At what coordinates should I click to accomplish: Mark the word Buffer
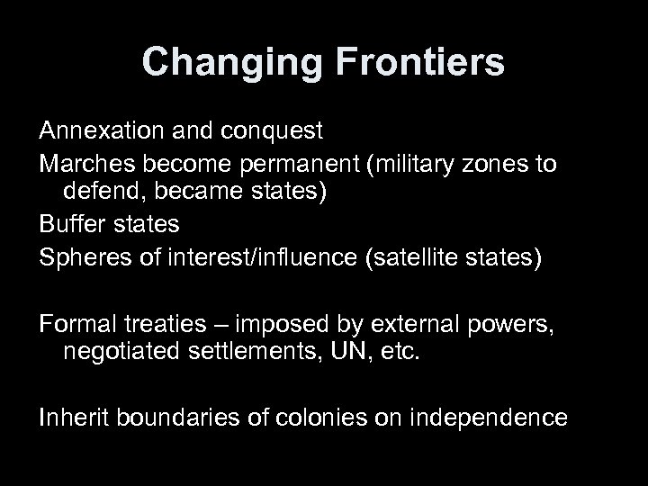(x=70, y=224)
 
